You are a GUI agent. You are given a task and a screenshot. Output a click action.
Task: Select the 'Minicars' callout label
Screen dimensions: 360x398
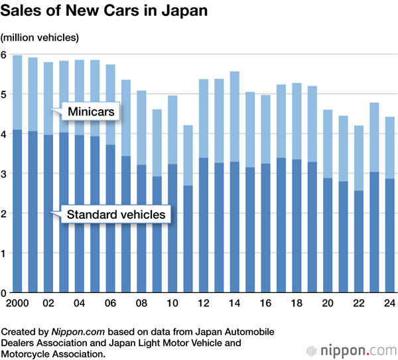(93, 112)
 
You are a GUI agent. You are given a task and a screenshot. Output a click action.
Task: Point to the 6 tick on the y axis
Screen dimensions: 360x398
(4, 55)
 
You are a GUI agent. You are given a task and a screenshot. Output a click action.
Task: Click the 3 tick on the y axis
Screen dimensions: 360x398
(4, 174)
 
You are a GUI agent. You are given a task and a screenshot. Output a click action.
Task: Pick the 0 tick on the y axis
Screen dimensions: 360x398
(4, 292)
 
